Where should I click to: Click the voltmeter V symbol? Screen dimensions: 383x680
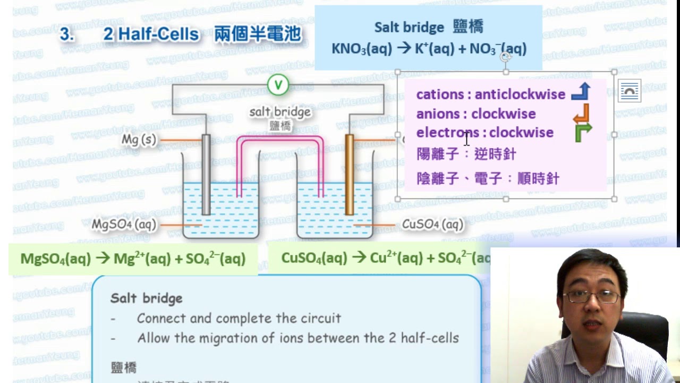click(277, 85)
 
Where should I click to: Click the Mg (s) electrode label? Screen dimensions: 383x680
click(139, 140)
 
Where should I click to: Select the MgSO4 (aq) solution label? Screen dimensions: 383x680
click(124, 224)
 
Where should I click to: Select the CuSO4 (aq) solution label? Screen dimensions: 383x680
click(432, 224)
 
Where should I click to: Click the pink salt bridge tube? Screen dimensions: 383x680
click(280, 139)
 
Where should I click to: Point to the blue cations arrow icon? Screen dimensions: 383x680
click(581, 92)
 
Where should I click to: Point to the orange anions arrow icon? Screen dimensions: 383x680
click(581, 113)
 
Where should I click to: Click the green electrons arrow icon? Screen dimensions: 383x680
click(582, 132)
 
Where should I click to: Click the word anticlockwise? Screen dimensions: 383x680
click(520, 94)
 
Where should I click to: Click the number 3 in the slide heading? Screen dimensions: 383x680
click(65, 35)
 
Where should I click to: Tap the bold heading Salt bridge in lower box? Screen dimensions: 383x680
click(146, 298)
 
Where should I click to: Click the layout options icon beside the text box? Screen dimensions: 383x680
click(630, 91)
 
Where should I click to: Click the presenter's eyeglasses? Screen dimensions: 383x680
click(591, 296)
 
